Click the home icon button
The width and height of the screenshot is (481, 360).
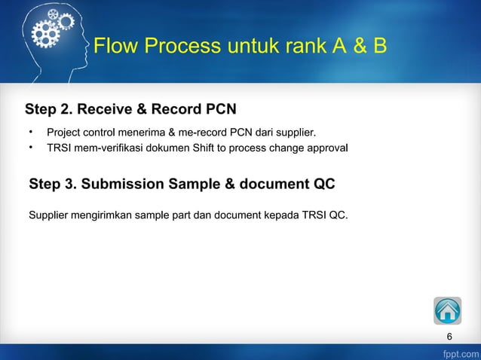[447, 310]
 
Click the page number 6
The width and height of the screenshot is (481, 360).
[449, 336]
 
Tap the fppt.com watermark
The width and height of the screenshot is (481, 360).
[460, 352]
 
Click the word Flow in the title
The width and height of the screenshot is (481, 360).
[116, 47]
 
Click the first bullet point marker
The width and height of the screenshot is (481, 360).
[31, 133]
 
